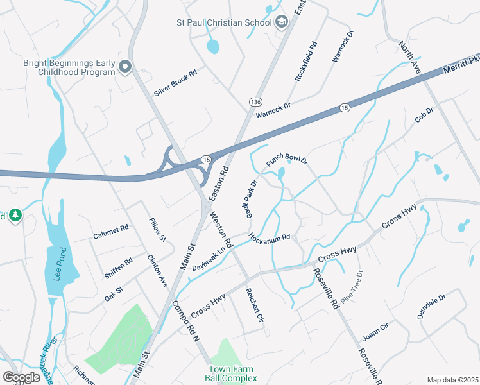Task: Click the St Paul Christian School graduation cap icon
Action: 281,23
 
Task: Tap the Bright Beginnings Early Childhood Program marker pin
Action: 126,66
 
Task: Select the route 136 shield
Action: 256,102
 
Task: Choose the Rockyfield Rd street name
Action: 306,61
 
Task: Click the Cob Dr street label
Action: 424,116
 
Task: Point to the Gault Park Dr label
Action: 251,198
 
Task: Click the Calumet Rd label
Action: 111,229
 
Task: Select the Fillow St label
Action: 157,230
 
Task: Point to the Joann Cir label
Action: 375,334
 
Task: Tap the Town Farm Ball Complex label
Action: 230,373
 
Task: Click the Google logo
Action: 21,377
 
